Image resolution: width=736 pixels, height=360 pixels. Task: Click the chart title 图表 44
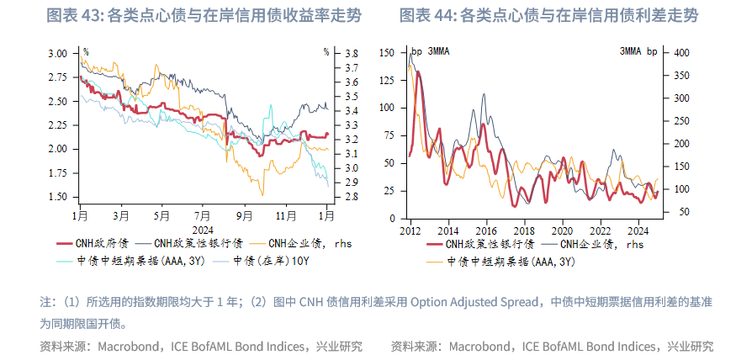point(429,15)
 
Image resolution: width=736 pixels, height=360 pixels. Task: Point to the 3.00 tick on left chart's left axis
point(57,53)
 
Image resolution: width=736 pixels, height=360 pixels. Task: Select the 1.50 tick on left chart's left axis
point(57,197)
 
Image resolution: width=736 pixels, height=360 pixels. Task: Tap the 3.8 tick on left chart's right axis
point(352,53)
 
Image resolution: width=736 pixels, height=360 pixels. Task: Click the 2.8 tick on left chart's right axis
point(352,197)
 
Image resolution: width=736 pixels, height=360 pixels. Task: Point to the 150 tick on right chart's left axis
point(388,53)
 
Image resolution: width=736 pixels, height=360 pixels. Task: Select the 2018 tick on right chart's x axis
point(524,230)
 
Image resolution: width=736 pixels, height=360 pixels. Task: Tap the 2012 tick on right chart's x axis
point(410,230)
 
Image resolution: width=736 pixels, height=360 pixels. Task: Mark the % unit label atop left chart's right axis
point(326,52)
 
